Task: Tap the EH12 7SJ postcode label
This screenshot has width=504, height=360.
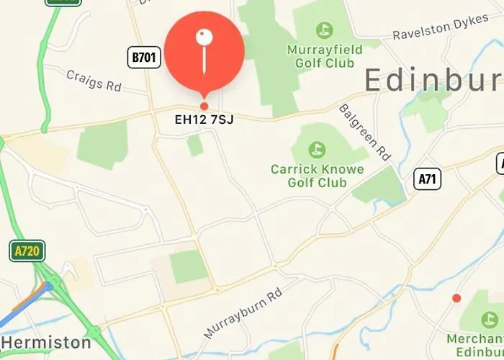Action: coord(204,120)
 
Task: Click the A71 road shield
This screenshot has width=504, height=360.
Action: coord(427,179)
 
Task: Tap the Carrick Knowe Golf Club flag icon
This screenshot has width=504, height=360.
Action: coord(316,150)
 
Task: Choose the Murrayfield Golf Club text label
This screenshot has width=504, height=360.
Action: coord(321,57)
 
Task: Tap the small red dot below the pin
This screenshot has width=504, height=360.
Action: coord(204,106)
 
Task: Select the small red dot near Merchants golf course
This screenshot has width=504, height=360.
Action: coord(456,298)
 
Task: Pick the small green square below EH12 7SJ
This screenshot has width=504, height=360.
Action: coord(194,145)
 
